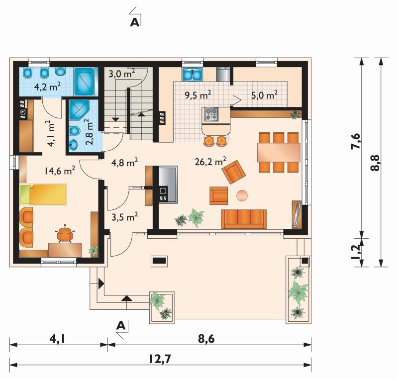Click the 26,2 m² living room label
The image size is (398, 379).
(x=210, y=161)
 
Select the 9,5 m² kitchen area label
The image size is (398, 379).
(x=198, y=95)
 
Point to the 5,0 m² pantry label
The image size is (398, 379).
(x=264, y=95)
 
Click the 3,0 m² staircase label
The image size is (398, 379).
(x=122, y=74)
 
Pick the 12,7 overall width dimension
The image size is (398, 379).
(x=160, y=359)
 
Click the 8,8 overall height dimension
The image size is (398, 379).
(x=376, y=163)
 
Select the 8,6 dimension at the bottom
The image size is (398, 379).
(x=206, y=339)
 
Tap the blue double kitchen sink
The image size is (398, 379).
(x=192, y=74)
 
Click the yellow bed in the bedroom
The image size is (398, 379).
(x=43, y=194)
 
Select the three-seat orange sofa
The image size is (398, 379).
(x=244, y=219)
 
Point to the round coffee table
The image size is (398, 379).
(x=242, y=195)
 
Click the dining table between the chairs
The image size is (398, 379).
(x=279, y=153)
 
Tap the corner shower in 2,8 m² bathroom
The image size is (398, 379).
(x=79, y=110)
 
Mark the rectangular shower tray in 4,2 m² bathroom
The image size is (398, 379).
(x=85, y=82)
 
